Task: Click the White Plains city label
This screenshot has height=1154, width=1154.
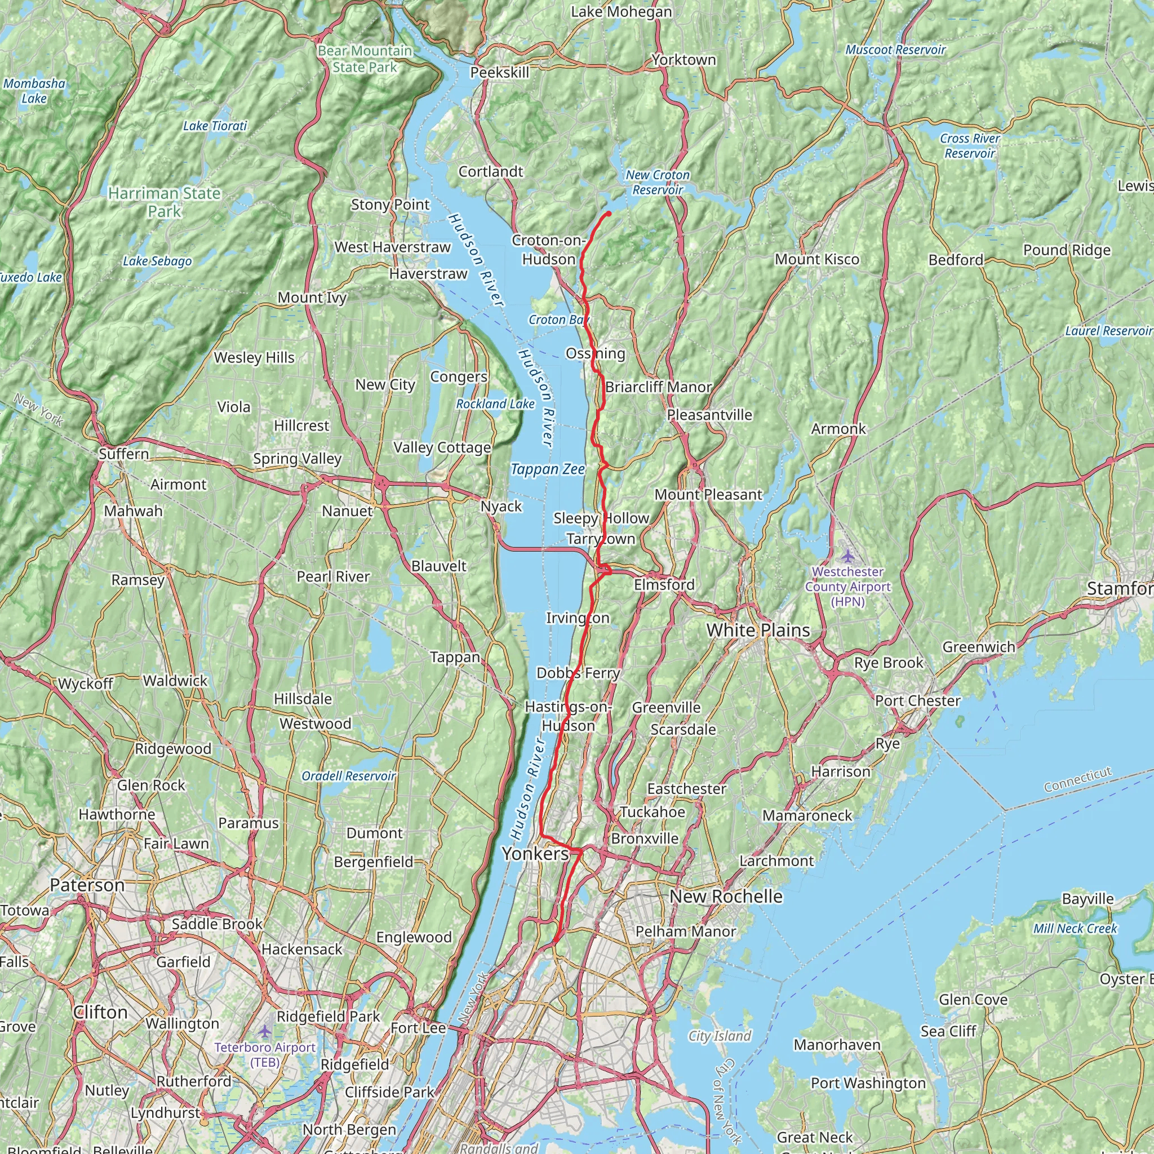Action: pyautogui.click(x=758, y=630)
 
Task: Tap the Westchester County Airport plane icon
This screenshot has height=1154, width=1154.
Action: pyautogui.click(x=847, y=556)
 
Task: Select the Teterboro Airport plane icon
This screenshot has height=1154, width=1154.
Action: pyautogui.click(x=265, y=1032)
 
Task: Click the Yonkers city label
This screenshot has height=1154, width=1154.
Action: pyautogui.click(x=535, y=854)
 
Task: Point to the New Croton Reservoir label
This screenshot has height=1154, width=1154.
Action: pyautogui.click(x=657, y=182)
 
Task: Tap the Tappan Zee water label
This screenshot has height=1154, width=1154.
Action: pyautogui.click(x=548, y=469)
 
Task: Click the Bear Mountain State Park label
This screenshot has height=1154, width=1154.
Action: pyautogui.click(x=365, y=59)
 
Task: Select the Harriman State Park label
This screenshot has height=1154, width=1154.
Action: pyautogui.click(x=165, y=202)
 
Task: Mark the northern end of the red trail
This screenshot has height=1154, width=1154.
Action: pyautogui.click(x=608, y=212)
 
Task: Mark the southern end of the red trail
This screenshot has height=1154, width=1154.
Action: pyautogui.click(x=556, y=942)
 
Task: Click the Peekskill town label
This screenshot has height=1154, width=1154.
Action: pyautogui.click(x=499, y=72)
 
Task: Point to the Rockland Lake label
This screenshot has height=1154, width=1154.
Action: pyautogui.click(x=495, y=404)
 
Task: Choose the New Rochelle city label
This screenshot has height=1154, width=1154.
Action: pyautogui.click(x=726, y=896)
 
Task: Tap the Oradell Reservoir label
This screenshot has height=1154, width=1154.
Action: pyautogui.click(x=348, y=776)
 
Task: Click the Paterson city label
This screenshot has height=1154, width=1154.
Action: pyautogui.click(x=87, y=885)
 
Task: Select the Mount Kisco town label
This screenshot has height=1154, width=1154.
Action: pyautogui.click(x=816, y=259)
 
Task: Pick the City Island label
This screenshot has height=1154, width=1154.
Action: pyautogui.click(x=719, y=1036)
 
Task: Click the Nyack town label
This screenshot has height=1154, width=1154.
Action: pyautogui.click(x=501, y=507)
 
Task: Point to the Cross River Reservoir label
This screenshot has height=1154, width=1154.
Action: pyautogui.click(x=969, y=146)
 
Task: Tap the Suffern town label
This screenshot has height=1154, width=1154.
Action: pyautogui.click(x=123, y=454)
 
